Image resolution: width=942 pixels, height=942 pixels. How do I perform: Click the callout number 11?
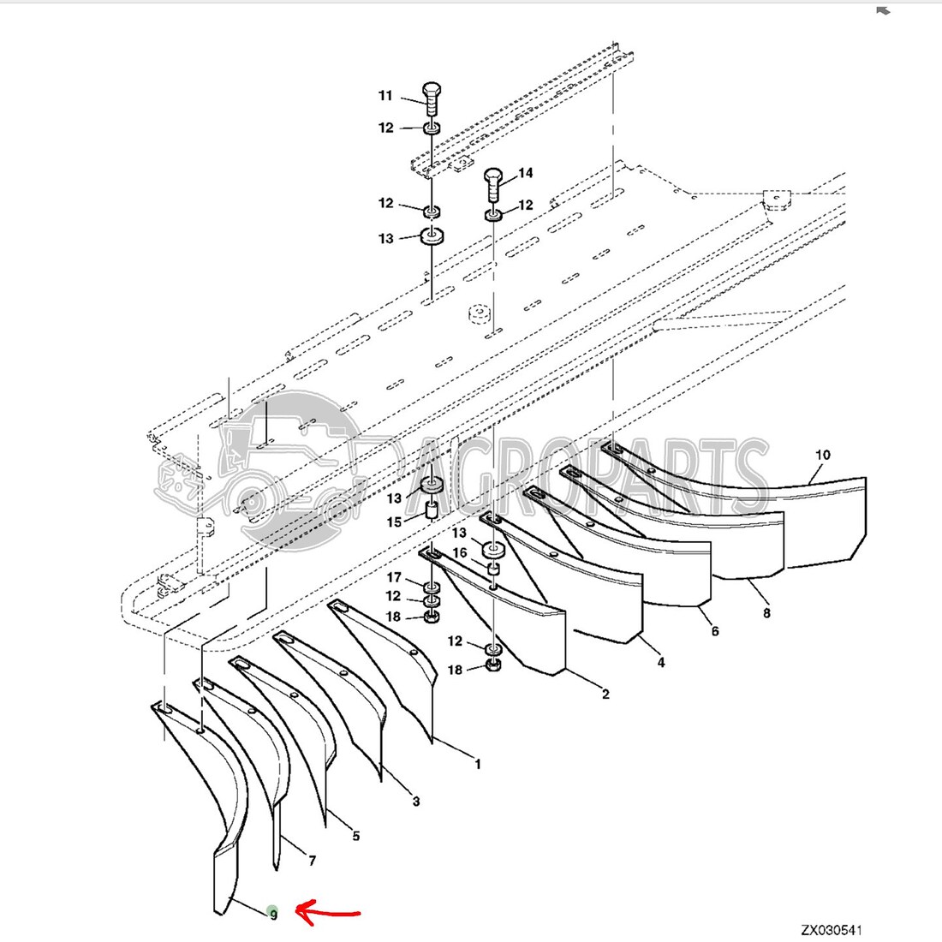(x=385, y=96)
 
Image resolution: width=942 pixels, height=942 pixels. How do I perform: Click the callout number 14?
(x=525, y=173)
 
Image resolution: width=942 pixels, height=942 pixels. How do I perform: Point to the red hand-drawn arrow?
(x=329, y=913)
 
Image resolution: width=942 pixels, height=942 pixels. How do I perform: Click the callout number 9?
(x=273, y=914)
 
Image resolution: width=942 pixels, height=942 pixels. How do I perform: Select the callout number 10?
(x=822, y=455)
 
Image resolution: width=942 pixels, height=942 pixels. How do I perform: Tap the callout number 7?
(x=312, y=861)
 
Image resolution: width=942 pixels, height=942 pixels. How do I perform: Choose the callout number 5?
(x=356, y=836)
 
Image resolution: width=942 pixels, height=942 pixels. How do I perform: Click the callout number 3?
(x=416, y=802)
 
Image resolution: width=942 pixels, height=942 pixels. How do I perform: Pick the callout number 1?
(x=477, y=764)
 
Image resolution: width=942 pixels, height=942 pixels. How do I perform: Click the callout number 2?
(x=605, y=694)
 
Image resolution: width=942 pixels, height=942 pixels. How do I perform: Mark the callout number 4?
(x=661, y=662)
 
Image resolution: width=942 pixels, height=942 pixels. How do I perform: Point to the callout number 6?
(x=715, y=631)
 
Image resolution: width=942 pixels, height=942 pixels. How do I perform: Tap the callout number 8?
(x=766, y=612)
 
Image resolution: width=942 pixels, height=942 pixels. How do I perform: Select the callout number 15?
(x=394, y=522)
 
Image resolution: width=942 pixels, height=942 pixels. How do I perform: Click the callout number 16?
(x=460, y=553)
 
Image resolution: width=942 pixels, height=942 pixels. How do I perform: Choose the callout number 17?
(x=394, y=578)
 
